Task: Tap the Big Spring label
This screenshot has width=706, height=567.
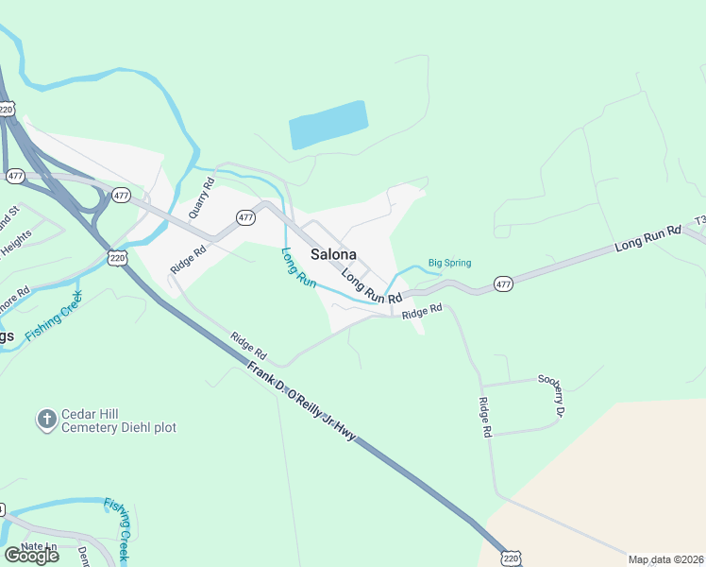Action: [449, 263]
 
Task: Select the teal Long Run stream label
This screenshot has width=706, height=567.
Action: [298, 266]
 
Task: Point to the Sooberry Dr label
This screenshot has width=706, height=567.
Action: [551, 397]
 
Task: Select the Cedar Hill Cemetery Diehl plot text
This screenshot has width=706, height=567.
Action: [119, 421]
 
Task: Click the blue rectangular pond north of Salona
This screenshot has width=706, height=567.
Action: [328, 125]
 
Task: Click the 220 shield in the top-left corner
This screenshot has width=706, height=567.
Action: [8, 110]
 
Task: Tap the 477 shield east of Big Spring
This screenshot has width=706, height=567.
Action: [503, 283]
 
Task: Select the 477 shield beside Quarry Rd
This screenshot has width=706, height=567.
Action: [245, 216]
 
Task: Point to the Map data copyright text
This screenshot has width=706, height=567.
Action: [666, 559]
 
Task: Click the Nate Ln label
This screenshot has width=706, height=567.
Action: [39, 547]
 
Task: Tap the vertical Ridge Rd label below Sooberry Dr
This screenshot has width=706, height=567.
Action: [486, 417]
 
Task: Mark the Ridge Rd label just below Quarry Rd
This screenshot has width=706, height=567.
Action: [188, 260]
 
